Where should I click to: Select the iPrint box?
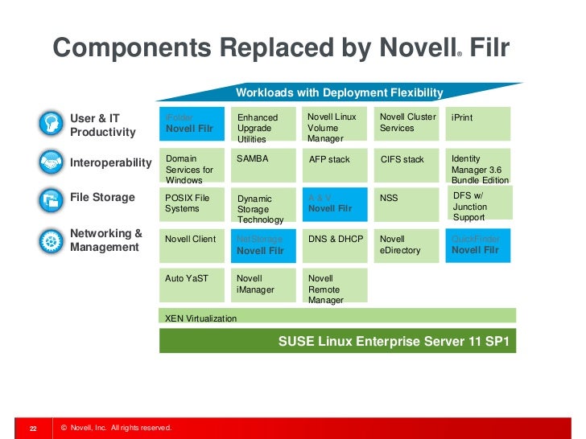coord(480,124)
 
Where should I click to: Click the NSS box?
coord(407,204)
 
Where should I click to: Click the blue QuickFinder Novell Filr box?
coord(480,244)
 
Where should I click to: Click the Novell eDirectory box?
coord(407,244)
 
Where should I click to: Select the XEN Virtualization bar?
coord(337,317)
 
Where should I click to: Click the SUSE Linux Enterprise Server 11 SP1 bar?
coord(337,341)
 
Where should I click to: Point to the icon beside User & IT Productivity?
coord(51,124)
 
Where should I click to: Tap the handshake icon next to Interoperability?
coord(51,162)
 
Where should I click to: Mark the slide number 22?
coord(34,428)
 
